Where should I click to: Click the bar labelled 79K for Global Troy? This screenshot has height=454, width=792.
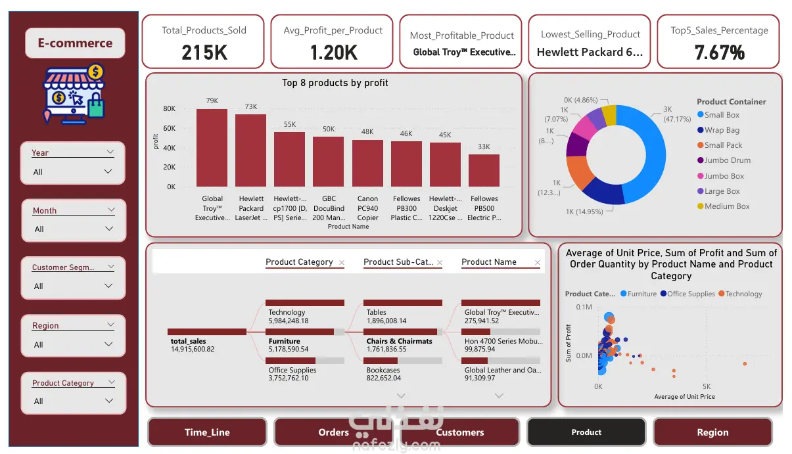[212, 147]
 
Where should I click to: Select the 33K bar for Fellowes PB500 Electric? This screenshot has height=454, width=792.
[484, 170]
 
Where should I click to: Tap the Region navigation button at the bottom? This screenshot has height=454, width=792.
[712, 432]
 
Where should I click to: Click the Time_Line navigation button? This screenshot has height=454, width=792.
[207, 432]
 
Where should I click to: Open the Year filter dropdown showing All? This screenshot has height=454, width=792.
[72, 172]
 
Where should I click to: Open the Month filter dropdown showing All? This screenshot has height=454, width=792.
[72, 229]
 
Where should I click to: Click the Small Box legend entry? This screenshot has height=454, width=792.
[722, 115]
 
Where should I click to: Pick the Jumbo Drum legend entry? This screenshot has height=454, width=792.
[727, 160]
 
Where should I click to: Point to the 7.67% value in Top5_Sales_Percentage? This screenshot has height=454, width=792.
[719, 53]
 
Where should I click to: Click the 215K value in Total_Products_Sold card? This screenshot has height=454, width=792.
[204, 53]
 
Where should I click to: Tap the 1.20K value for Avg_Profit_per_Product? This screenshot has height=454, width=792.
[333, 53]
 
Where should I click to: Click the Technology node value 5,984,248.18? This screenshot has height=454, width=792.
[289, 321]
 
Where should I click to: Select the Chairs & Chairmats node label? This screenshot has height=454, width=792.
[399, 341]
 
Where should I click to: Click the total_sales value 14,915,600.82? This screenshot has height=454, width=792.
[193, 349]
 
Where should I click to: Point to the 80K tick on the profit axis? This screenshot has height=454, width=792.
[170, 109]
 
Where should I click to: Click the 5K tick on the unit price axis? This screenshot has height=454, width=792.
[707, 386]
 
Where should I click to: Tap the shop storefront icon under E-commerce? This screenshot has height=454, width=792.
[73, 94]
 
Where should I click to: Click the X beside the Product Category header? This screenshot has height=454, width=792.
[341, 263]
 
